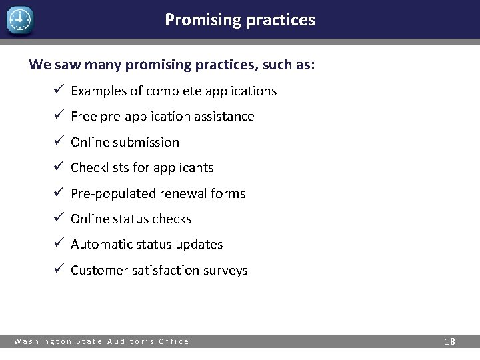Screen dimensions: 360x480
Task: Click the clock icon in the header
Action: pos(19,21)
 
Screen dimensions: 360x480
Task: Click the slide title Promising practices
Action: pos(240,20)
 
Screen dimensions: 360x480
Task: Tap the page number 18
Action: pos(450,341)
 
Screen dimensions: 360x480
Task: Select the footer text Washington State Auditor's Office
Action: pos(102,341)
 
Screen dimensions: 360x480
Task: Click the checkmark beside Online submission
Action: pos(58,141)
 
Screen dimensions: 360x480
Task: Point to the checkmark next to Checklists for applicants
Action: pos(58,167)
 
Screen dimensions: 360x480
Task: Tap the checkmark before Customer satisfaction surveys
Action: pos(58,269)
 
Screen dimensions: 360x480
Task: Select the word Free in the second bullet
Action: pos(83,117)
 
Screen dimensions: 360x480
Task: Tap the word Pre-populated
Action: pos(113,194)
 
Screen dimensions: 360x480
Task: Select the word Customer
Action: pos(98,270)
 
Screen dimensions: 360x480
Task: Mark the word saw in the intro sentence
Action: pos(65,65)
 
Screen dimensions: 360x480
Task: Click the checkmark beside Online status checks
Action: pos(58,218)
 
